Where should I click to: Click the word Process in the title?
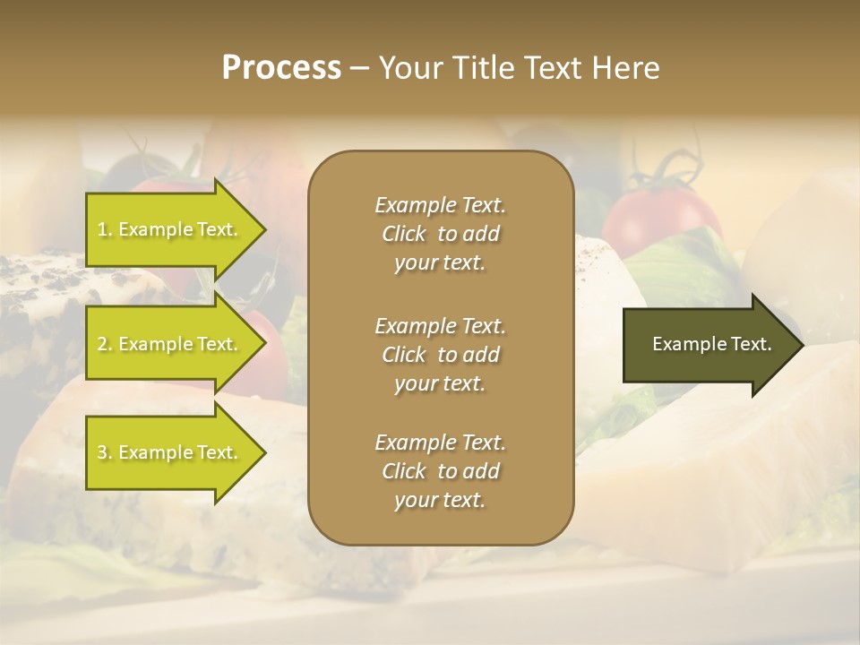coord(281,68)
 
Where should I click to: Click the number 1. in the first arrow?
coord(105,229)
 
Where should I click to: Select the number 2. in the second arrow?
coord(105,344)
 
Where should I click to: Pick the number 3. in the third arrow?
coord(105,452)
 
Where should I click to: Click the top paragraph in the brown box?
coord(440,234)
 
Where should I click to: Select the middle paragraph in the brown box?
coord(440,355)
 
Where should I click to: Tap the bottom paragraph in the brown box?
coord(440,471)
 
